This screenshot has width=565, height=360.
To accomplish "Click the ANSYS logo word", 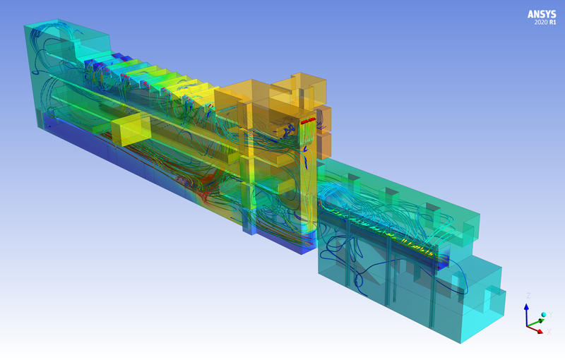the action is [x=542, y=14].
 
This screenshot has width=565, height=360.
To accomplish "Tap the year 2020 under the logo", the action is [x=540, y=23].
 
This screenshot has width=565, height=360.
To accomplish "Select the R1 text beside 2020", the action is [x=552, y=23].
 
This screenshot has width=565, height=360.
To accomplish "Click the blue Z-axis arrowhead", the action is [x=526, y=307].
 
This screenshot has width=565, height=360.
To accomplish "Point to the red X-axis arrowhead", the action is [x=540, y=332].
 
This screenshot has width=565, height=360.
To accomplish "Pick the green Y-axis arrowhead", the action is [x=541, y=320].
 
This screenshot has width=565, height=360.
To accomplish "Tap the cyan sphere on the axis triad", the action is [x=544, y=315].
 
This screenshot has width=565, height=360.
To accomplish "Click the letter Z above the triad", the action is [x=528, y=296].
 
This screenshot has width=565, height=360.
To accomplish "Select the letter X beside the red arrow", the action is [x=549, y=332].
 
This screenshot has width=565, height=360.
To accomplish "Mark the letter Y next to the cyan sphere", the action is [x=550, y=315].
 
